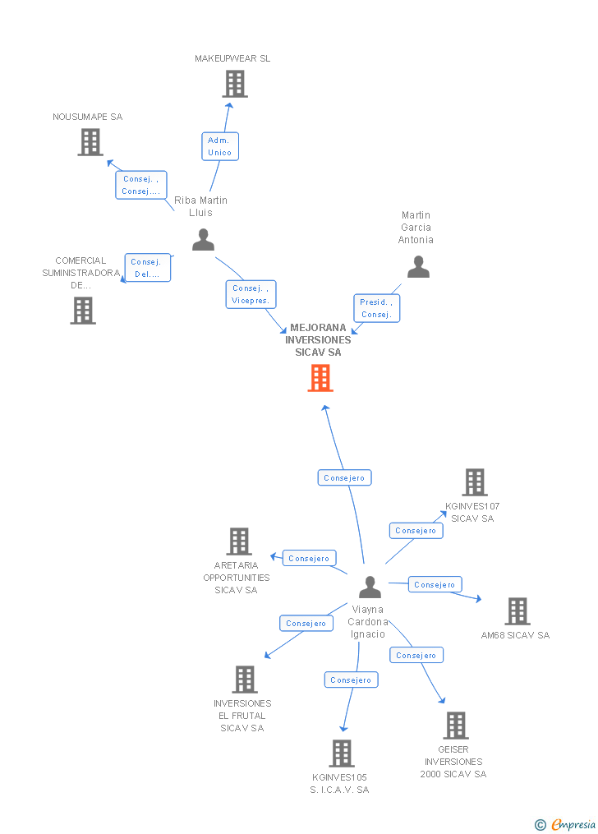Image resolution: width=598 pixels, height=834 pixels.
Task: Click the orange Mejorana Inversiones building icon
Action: pyautogui.click(x=320, y=378)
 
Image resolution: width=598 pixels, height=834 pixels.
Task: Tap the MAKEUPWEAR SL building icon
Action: pyautogui.click(x=235, y=84)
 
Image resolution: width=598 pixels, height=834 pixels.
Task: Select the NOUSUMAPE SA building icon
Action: pyautogui.click(x=90, y=142)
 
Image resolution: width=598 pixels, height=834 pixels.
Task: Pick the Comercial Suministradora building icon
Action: pyautogui.click(x=83, y=311)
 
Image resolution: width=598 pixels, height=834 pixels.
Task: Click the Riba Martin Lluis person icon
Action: pyautogui.click(x=203, y=240)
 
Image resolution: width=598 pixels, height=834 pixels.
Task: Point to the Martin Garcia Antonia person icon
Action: pyautogui.click(x=418, y=267)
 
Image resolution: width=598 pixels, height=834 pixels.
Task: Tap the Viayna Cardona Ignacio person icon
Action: pyautogui.click(x=370, y=587)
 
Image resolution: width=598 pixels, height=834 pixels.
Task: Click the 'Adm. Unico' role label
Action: pyautogui.click(x=219, y=146)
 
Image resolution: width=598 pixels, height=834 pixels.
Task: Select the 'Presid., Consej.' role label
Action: pyautogui.click(x=376, y=308)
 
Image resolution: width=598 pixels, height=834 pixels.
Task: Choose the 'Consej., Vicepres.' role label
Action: pyautogui.click(x=251, y=294)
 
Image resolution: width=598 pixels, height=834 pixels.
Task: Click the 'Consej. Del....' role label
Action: pyautogui.click(x=148, y=268)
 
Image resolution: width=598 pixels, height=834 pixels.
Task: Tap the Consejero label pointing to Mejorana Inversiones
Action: pyautogui.click(x=344, y=477)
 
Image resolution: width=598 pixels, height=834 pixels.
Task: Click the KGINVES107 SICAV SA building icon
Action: pyautogui.click(x=475, y=482)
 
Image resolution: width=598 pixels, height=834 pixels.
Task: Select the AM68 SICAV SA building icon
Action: pyautogui.click(x=517, y=611)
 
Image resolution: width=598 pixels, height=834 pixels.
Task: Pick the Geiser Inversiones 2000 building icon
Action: pyautogui.click(x=455, y=726)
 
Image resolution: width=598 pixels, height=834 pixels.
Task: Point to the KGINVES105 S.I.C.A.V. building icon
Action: pyautogui.click(x=341, y=753)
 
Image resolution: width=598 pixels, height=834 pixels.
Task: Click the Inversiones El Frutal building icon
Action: pyautogui.click(x=244, y=680)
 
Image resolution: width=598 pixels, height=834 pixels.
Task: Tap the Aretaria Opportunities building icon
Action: pyautogui.click(x=239, y=541)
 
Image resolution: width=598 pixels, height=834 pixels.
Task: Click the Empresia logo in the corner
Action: pyautogui.click(x=566, y=824)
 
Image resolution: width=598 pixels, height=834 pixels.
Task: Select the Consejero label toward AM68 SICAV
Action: pyautogui.click(x=435, y=584)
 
